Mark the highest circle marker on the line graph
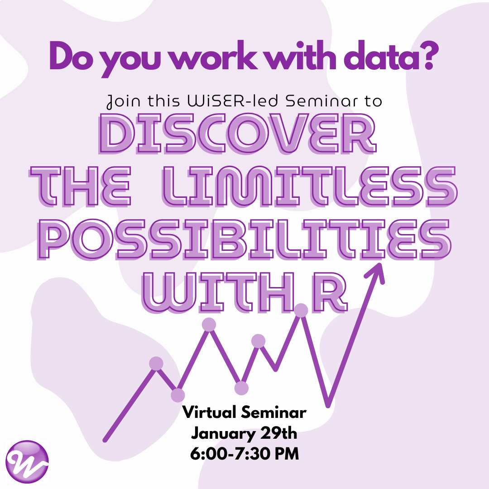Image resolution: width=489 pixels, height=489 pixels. pyautogui.click(x=301, y=310)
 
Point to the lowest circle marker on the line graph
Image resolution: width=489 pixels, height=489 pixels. pyautogui.click(x=178, y=395)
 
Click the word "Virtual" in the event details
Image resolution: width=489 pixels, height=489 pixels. pyautogui.click(x=210, y=412)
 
